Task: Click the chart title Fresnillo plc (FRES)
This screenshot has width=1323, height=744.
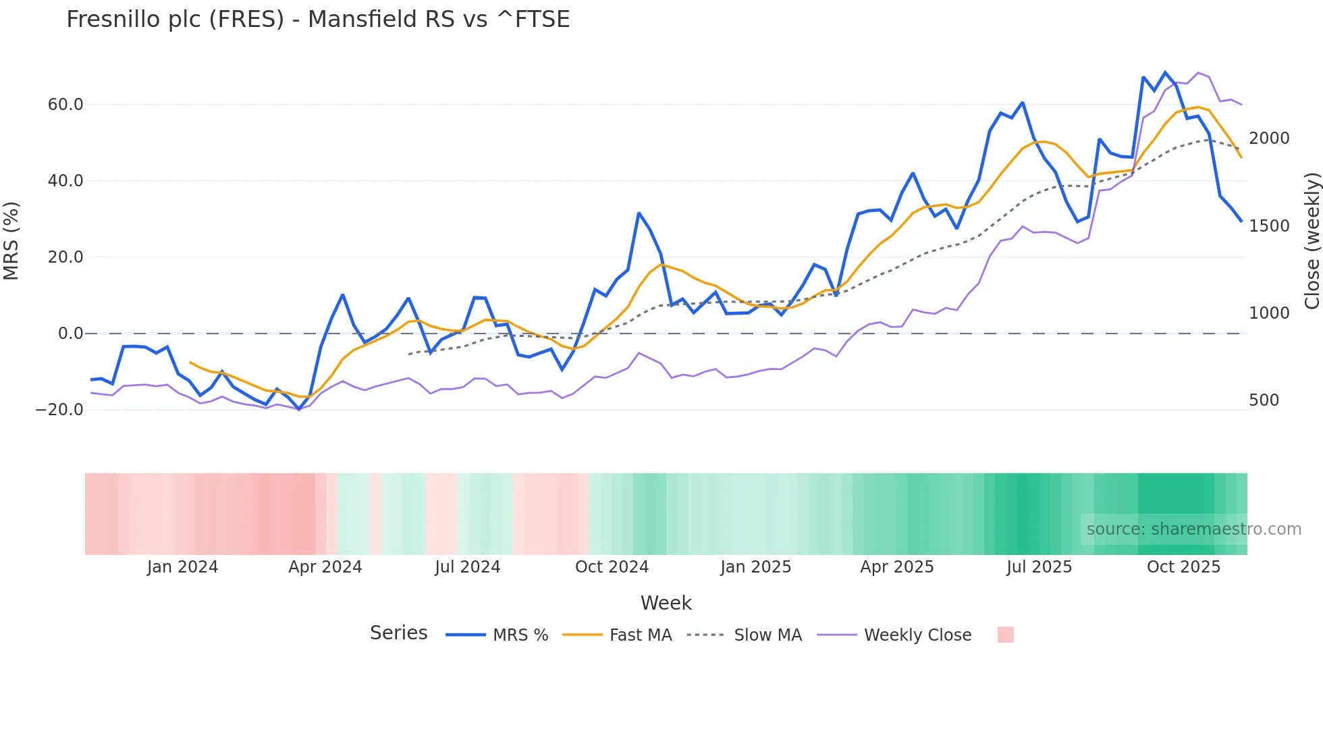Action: coord(317,20)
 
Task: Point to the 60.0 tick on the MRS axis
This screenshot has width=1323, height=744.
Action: coord(65,105)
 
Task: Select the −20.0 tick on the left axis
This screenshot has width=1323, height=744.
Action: coord(59,410)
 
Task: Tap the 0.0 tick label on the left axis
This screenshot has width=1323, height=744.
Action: coord(70,334)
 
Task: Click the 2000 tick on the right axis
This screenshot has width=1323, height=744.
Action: coord(1269,138)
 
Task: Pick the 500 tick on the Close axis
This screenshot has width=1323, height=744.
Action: coord(1264,400)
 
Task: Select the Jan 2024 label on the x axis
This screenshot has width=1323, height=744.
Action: coord(182,567)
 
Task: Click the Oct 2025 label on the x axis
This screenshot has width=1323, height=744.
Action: coord(1183,567)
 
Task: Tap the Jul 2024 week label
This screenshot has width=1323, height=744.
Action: coord(467,567)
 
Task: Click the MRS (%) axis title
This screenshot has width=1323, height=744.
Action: coord(11,240)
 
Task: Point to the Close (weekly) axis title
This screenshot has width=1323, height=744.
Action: coord(1312,240)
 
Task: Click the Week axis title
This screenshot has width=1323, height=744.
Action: coord(666,603)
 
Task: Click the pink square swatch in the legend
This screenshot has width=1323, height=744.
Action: coord(1005,635)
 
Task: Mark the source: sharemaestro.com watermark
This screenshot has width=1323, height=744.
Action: coord(1193,529)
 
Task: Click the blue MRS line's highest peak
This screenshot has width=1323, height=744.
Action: coord(1165,72)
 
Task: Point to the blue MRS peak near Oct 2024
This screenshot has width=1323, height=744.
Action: coord(639,213)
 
